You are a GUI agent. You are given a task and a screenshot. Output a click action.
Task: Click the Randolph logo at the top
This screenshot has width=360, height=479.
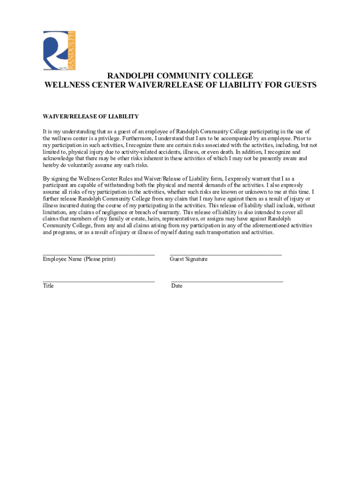59,51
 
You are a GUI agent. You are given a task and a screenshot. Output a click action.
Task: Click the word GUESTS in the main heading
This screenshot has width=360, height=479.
296,85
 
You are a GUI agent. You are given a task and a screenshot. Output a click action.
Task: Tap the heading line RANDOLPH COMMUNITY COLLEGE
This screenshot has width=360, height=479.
180,76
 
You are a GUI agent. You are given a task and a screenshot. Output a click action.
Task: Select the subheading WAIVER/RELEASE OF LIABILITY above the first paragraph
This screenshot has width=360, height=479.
91,116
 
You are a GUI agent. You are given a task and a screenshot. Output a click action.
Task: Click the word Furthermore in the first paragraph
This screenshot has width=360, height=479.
141,138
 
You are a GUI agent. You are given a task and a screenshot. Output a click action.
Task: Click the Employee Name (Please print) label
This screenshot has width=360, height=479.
79,259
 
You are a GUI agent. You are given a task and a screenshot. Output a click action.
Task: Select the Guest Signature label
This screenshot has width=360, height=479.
188,259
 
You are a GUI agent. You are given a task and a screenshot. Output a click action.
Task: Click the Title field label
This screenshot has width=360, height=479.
48,286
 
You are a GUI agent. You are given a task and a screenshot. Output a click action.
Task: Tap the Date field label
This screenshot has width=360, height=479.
177,286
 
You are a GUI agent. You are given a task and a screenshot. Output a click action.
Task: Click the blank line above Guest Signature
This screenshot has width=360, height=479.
225,254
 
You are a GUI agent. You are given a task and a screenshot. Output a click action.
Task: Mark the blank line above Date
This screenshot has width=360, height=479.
227,281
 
